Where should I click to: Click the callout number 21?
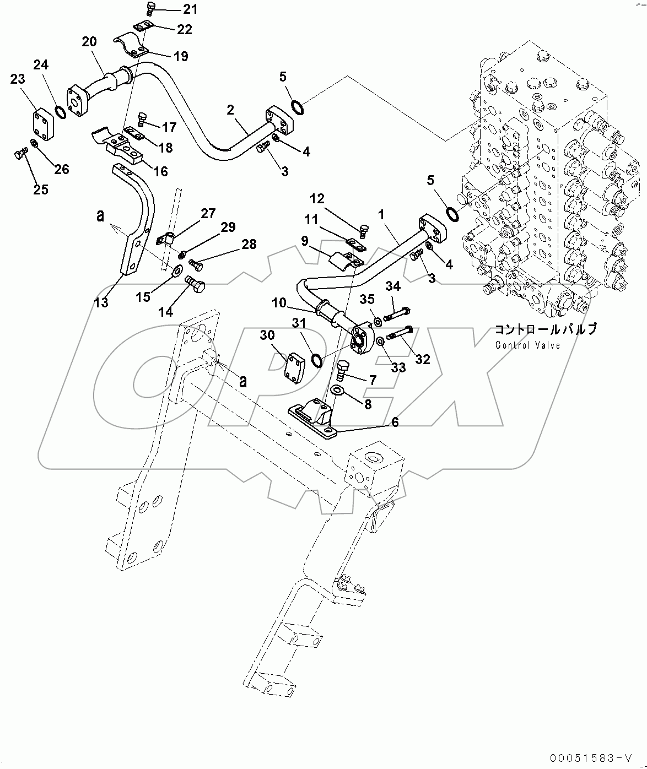click(x=174, y=9)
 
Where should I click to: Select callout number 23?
click(x=18, y=79)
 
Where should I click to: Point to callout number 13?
click(x=101, y=302)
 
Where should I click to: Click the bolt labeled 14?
click(x=195, y=285)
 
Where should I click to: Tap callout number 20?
click(x=89, y=42)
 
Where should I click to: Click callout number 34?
click(x=393, y=286)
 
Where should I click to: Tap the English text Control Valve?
click(x=527, y=345)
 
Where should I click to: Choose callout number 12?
click(x=317, y=199)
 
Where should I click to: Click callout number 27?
click(x=208, y=214)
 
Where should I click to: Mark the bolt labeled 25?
click(x=19, y=156)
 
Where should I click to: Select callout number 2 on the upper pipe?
click(x=231, y=110)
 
